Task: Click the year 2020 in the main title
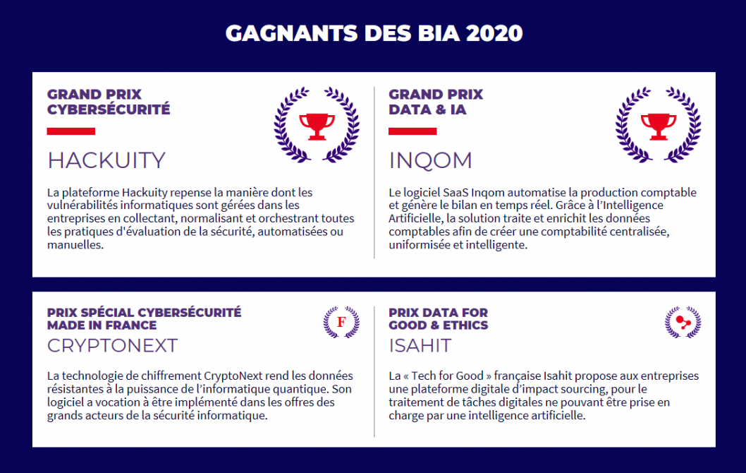[x=494, y=33]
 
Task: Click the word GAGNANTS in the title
[x=291, y=33]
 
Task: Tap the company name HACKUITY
[x=106, y=160]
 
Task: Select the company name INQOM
[x=430, y=160]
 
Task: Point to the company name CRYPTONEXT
[x=112, y=345]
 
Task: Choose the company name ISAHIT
[x=420, y=345]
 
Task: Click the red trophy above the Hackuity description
[x=317, y=126]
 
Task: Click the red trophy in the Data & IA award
[x=659, y=126]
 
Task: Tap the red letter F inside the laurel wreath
[x=341, y=322]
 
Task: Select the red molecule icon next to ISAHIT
[x=683, y=322]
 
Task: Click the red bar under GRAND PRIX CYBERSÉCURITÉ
[x=71, y=131]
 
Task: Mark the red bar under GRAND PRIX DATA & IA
[x=412, y=131]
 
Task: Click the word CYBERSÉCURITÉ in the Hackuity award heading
[x=109, y=109]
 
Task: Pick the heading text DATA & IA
[x=427, y=109]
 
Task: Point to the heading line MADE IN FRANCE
[x=102, y=325]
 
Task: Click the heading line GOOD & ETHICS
[x=438, y=325]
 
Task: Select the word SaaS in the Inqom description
[x=455, y=193]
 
